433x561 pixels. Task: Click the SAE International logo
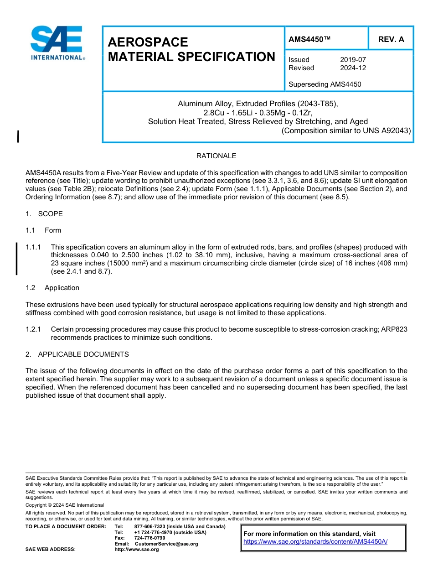pyautogui.click(x=57, y=43)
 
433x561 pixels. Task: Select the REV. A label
pyautogui.click(x=391, y=39)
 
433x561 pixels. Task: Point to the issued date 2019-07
pyautogui.click(x=353, y=60)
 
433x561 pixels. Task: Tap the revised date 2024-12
pyautogui.click(x=353, y=68)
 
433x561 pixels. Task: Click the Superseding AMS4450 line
pyautogui.click(x=325, y=84)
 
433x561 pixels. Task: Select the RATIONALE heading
pyautogui.click(x=216, y=156)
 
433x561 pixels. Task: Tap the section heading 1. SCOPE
pyautogui.click(x=44, y=214)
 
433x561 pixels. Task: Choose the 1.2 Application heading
pyautogui.click(x=53, y=288)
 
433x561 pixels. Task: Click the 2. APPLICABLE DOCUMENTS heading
pyautogui.click(x=77, y=354)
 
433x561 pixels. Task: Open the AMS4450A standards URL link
pyautogui.click(x=315, y=541)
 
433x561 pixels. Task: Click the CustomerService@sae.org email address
pyautogui.click(x=166, y=544)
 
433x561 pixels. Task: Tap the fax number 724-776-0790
pyautogui.click(x=149, y=538)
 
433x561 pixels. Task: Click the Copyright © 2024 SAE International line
pyautogui.click(x=65, y=505)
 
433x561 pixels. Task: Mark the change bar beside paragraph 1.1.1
pyautogui.click(x=17, y=259)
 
